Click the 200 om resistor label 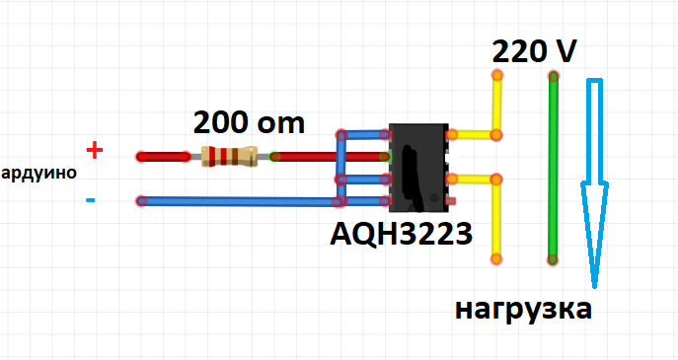point(249,122)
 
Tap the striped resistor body point(229,156)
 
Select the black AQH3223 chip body point(418,168)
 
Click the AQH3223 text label point(401,234)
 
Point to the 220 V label point(534,52)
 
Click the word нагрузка point(524,311)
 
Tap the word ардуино point(38,173)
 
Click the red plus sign point(95,151)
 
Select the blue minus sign point(91,199)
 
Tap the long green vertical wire point(553,168)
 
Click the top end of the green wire point(553,77)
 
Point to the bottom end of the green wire point(553,259)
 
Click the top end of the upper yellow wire point(497,75)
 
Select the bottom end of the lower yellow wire point(496,259)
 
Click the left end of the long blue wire point(141,201)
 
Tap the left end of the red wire point(141,157)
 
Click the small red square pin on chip point(451,201)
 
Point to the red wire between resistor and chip point(329,157)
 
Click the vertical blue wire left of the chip point(341,168)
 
